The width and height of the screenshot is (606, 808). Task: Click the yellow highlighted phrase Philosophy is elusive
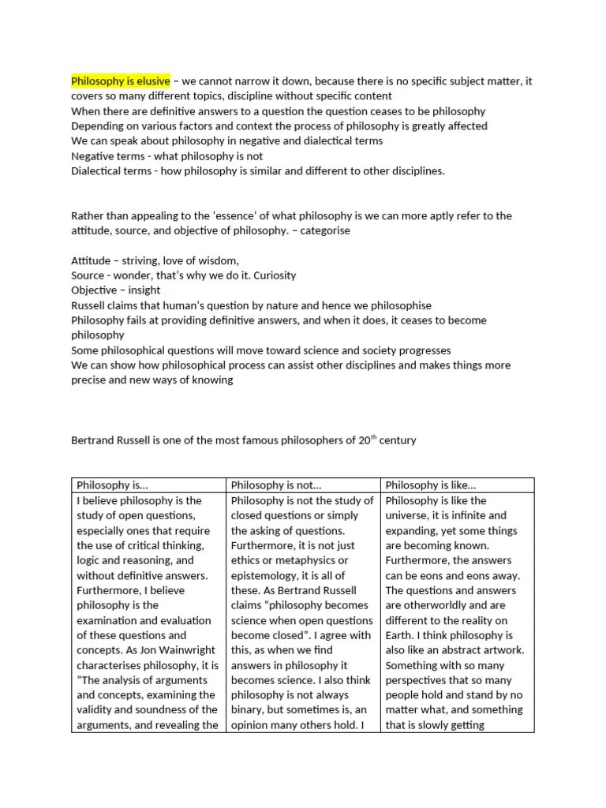(x=120, y=81)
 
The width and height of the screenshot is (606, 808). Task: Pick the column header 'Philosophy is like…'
(x=428, y=485)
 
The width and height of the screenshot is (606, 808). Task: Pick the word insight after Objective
(x=143, y=290)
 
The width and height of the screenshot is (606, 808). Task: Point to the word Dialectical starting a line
(x=99, y=170)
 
